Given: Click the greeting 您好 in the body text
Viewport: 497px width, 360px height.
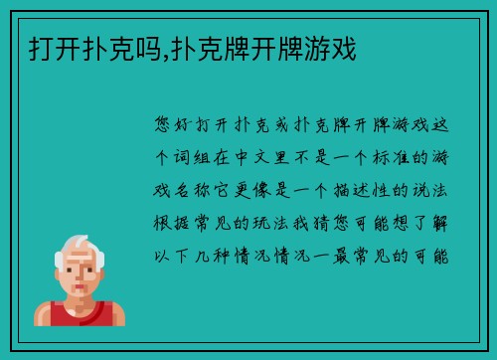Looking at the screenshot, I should click(x=175, y=126).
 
